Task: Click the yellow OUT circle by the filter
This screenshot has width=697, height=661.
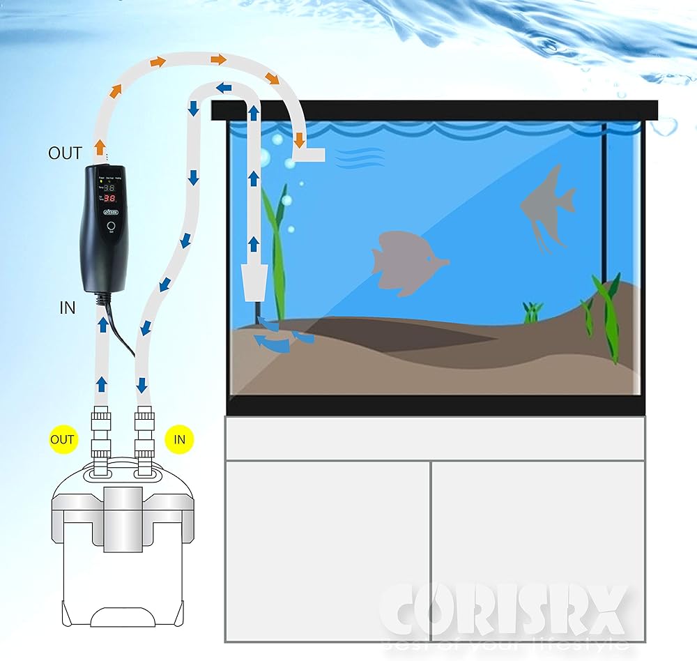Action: pos(62,439)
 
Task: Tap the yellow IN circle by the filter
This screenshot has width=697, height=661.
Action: pos(179,439)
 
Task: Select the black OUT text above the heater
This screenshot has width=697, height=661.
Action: pos(65,153)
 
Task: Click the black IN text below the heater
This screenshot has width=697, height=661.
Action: pos(68,307)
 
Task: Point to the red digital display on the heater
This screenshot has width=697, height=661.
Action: pos(109,199)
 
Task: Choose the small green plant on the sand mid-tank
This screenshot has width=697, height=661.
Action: pos(533,312)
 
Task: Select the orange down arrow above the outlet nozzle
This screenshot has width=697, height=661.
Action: pos(300,139)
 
